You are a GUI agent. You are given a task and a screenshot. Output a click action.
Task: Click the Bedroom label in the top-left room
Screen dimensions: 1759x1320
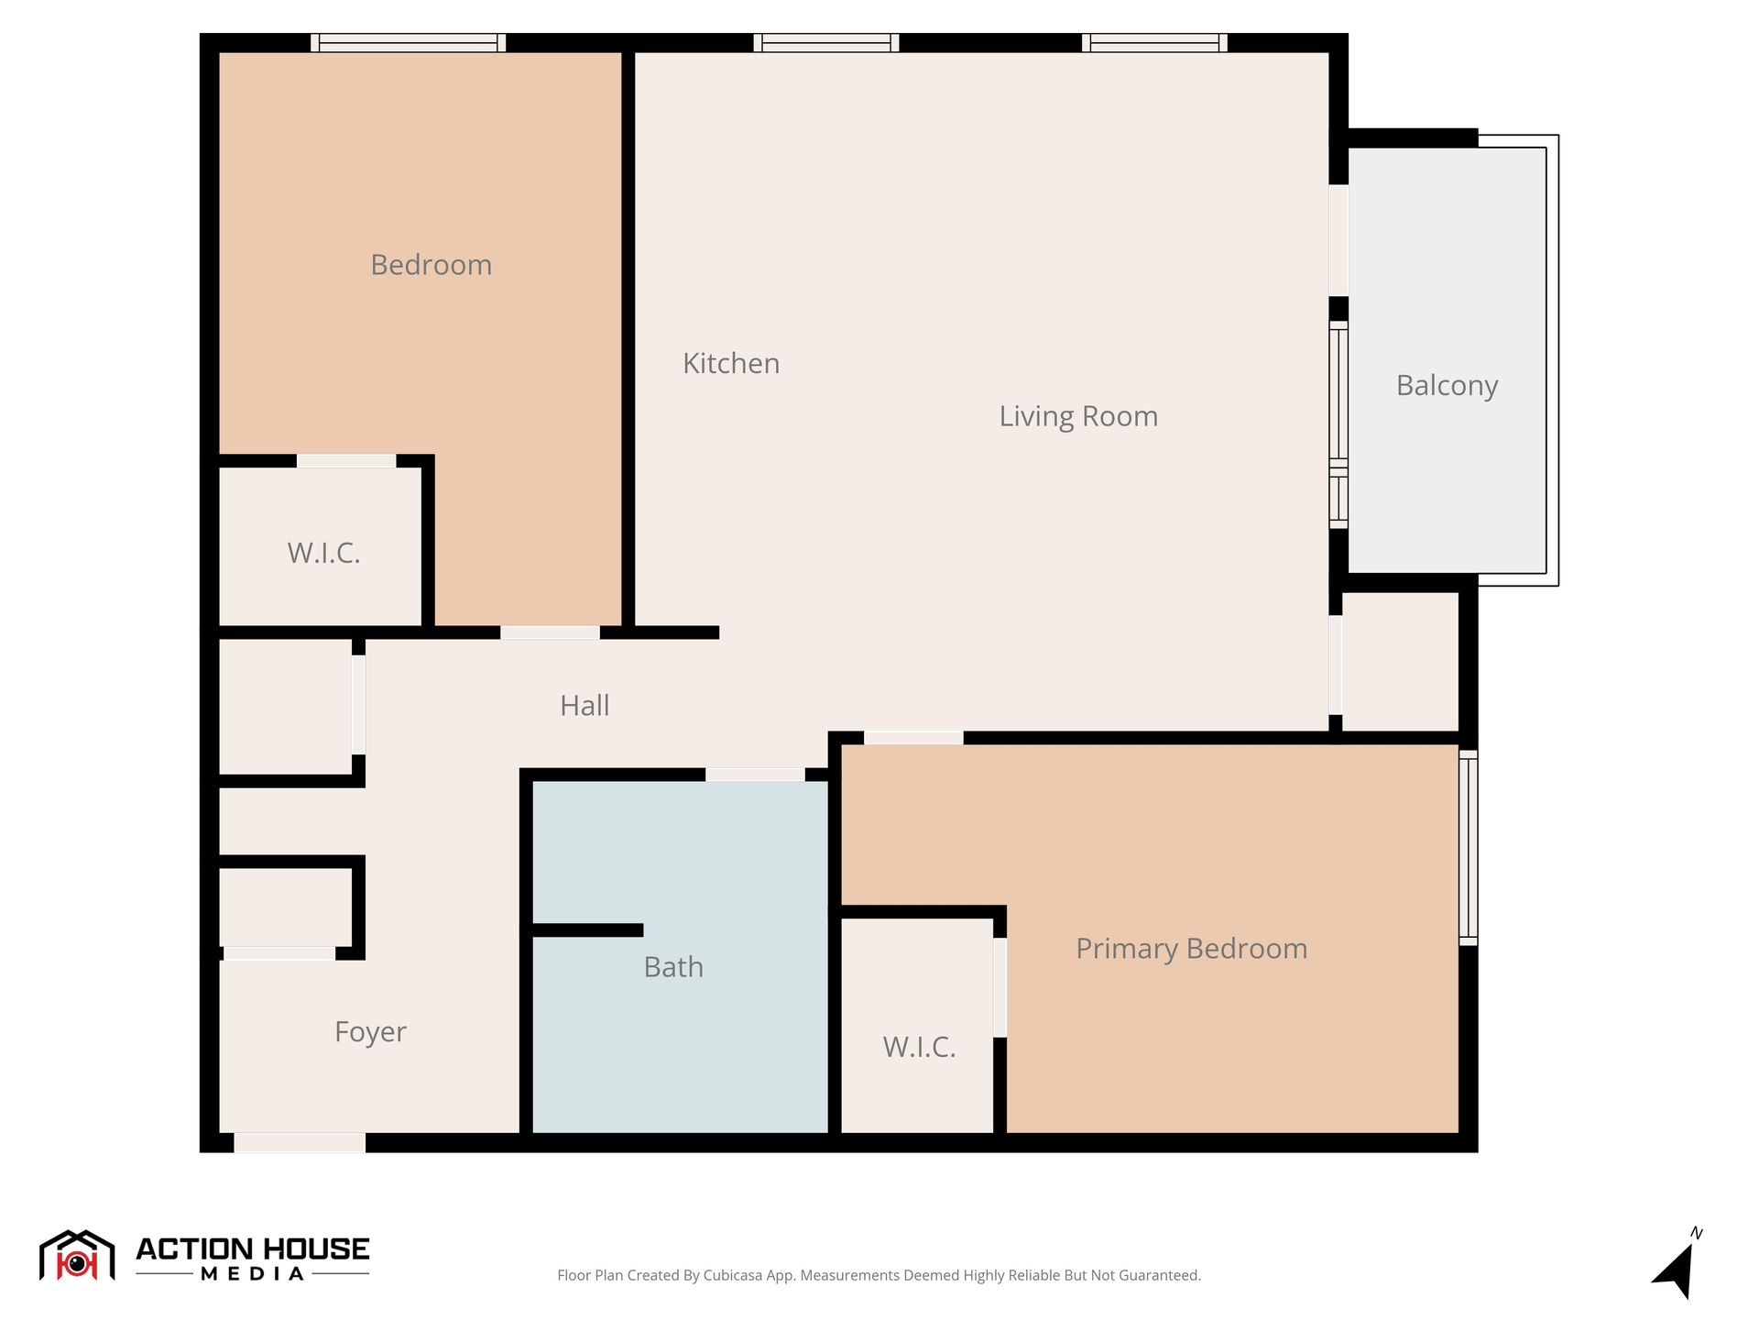[x=431, y=265]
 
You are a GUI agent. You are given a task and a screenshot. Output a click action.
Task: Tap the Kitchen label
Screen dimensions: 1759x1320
[x=731, y=363]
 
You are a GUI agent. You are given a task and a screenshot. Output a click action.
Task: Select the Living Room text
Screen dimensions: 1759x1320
[x=1078, y=416]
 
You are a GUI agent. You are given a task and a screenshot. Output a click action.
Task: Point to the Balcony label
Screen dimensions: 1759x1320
[x=1447, y=386]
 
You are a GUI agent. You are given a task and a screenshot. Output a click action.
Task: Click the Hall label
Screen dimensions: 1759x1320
[x=585, y=705]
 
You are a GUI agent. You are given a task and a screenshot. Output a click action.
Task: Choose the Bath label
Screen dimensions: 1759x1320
[x=673, y=967]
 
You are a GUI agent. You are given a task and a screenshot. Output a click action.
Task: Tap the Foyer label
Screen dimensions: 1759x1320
[x=370, y=1032]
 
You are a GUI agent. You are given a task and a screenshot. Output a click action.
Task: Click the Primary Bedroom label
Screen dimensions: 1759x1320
[x=1191, y=949]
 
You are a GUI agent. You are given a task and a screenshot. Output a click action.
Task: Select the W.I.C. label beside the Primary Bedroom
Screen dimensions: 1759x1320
[x=919, y=1047]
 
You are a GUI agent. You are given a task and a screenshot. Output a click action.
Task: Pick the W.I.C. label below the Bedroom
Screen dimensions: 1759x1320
[x=323, y=553]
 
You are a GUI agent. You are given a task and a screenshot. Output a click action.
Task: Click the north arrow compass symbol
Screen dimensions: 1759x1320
[x=1677, y=1265]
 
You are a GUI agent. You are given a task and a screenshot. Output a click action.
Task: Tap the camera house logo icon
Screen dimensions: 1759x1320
[x=77, y=1256]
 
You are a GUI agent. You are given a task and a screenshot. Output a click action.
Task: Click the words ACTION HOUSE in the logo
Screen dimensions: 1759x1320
[x=253, y=1249]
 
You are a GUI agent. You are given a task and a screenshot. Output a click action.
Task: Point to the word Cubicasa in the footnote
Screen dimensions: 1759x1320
[x=733, y=1275]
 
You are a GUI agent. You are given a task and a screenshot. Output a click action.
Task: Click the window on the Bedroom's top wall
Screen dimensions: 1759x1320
[x=409, y=43]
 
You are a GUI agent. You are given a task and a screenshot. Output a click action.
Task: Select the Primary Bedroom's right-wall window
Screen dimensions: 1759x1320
[x=1468, y=848]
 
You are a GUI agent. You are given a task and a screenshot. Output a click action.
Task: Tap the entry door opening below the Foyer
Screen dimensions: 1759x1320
[x=300, y=1143]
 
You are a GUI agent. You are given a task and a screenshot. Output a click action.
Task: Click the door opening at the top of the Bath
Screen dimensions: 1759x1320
[x=755, y=775]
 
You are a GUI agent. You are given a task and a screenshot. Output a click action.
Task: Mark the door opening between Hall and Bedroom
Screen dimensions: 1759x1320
[x=550, y=632]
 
